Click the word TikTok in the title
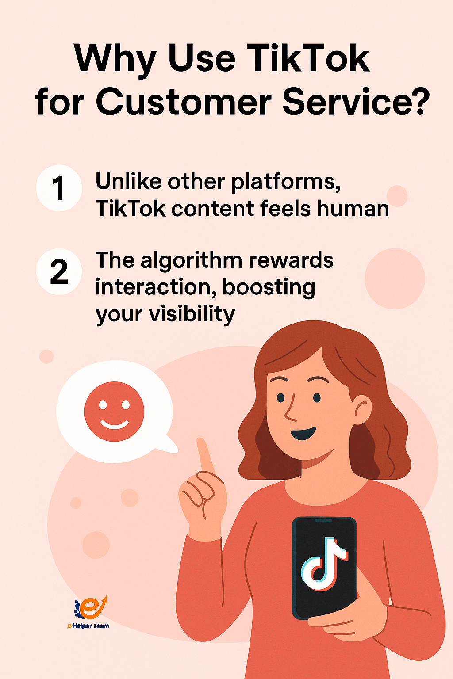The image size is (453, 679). point(308,59)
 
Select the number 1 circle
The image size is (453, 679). point(59,188)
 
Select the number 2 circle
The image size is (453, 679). point(59,271)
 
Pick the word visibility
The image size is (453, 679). point(192,315)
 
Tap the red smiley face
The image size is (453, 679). point(114,412)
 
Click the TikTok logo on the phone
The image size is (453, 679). point(324,564)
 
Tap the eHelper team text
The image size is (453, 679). point(88,626)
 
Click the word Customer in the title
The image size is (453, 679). point(183,103)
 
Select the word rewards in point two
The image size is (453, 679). point(291,260)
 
